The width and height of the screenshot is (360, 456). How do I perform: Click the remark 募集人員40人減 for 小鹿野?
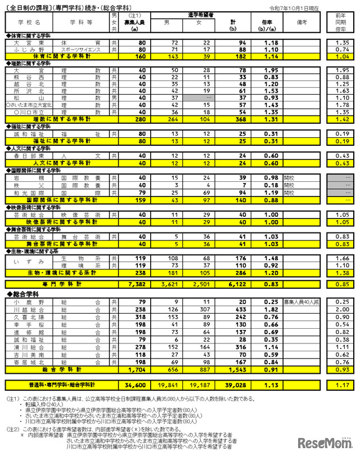pos(304,302)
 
